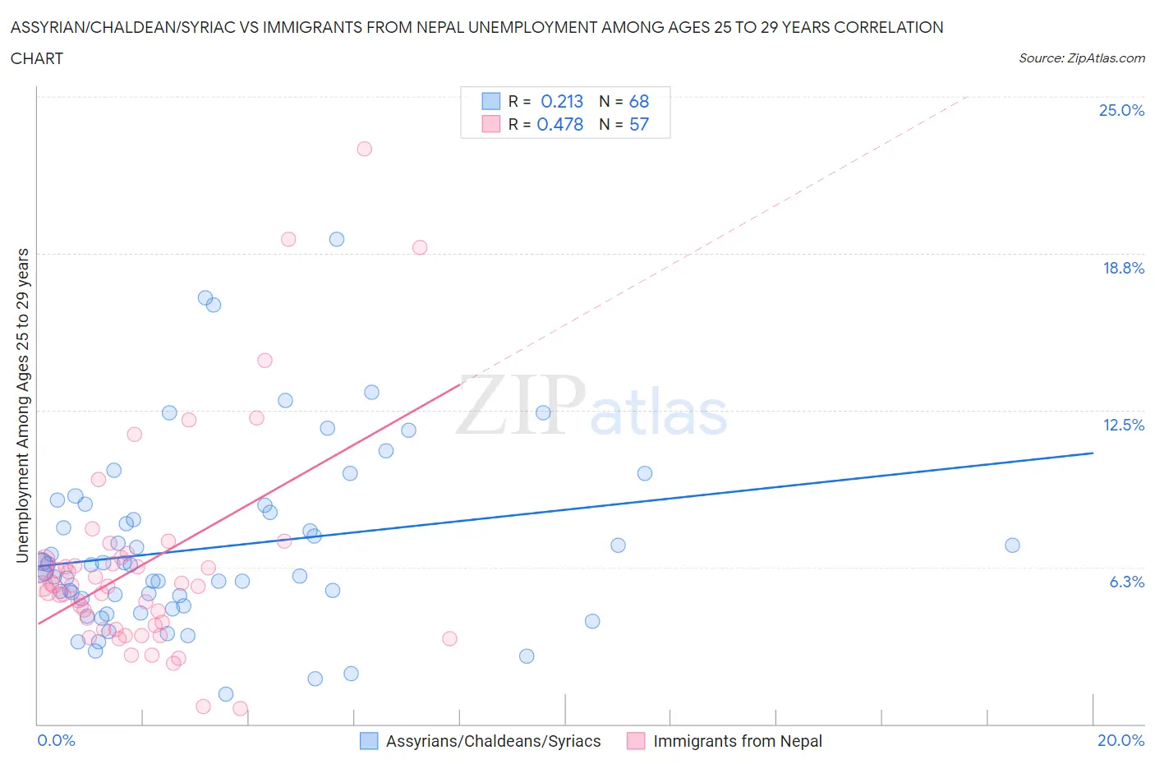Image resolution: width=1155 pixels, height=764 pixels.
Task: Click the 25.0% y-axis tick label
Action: [1121, 110]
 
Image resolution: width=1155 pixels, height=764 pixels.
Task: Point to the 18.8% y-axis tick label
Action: [1123, 268]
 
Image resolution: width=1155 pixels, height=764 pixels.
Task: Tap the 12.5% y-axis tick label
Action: [1123, 425]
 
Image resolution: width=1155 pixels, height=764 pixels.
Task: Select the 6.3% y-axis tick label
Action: [1126, 582]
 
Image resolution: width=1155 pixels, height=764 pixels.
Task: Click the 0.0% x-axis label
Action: [56, 740]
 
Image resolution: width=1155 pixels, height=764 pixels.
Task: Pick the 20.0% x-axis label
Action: [1120, 740]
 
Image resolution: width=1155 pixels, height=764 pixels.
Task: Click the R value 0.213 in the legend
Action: [562, 101]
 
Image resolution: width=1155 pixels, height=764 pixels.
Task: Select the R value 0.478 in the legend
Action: [559, 124]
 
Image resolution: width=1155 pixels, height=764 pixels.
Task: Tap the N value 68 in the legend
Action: [638, 101]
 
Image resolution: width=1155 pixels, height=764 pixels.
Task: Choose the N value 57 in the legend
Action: [638, 124]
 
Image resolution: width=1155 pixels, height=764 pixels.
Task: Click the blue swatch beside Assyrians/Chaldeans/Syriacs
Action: [370, 741]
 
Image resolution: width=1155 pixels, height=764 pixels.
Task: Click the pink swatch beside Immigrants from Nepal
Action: [636, 741]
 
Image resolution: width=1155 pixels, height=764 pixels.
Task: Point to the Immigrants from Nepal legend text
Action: [737, 741]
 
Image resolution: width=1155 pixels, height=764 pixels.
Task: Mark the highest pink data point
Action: [364, 149]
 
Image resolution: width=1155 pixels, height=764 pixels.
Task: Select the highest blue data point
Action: [337, 239]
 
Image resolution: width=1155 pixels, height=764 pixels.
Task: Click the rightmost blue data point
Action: [1012, 545]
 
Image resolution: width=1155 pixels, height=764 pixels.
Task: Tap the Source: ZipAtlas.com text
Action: [1081, 58]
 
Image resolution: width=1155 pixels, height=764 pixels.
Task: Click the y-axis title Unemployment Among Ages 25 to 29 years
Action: [23, 405]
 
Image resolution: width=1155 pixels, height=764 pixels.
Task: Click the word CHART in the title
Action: [37, 58]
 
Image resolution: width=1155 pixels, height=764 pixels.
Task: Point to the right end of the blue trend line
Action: [1093, 453]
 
